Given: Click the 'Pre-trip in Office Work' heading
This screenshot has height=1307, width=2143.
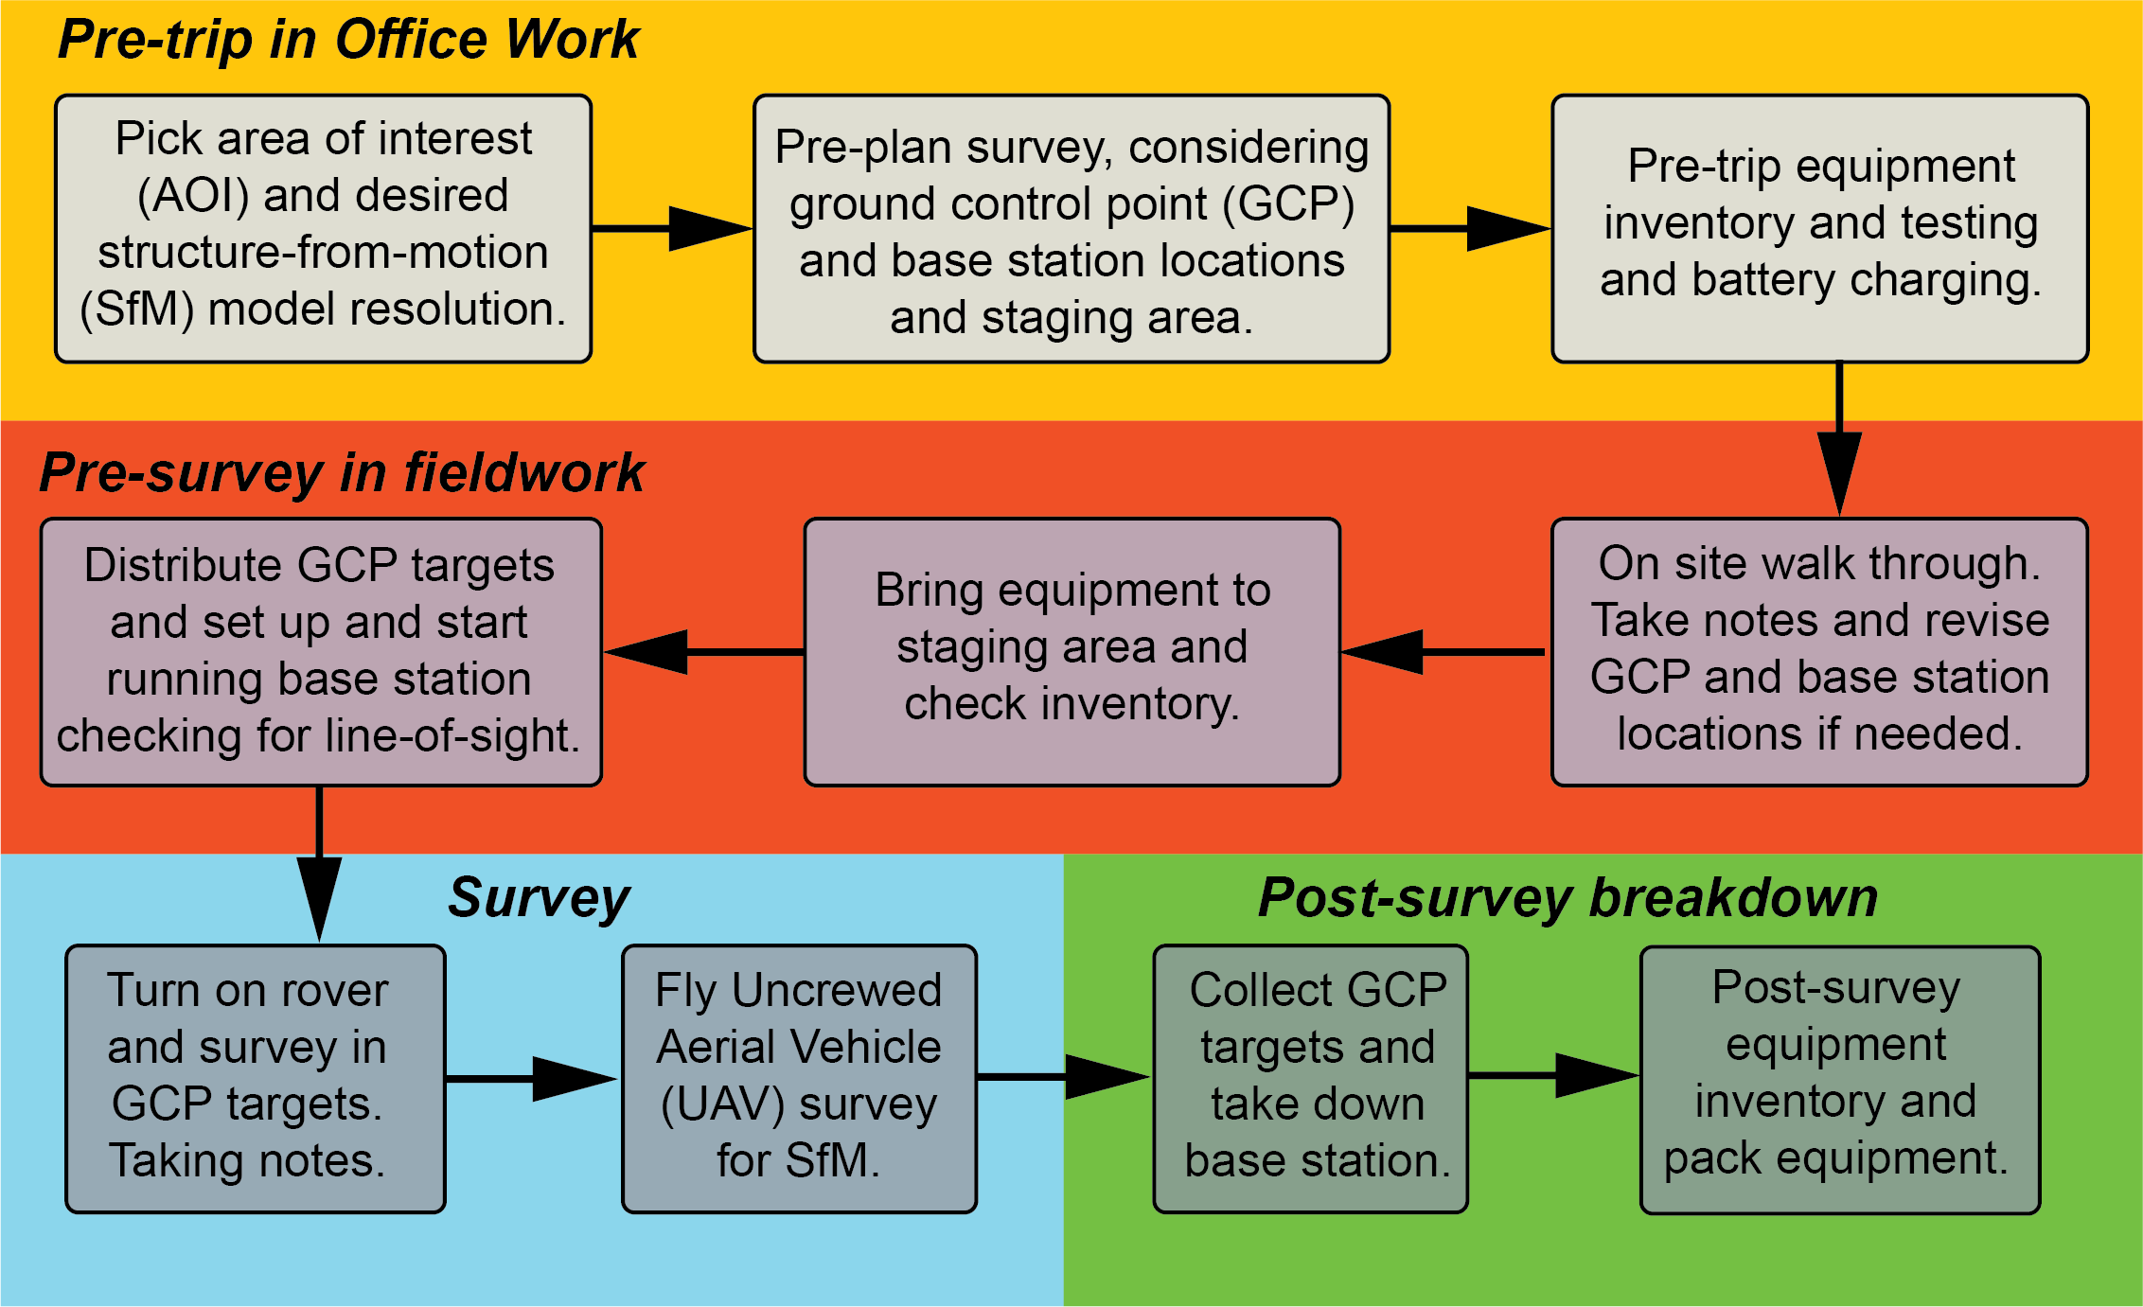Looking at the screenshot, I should tap(348, 40).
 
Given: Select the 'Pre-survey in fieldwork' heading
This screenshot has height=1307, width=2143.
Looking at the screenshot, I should tap(342, 472).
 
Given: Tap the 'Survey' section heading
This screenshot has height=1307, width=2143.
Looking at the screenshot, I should tap(539, 897).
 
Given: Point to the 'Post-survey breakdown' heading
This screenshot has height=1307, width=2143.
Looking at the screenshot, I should tap(1567, 897).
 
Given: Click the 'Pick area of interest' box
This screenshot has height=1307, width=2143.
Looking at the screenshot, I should tap(324, 228).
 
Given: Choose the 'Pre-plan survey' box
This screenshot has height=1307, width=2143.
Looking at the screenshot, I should tap(1071, 228).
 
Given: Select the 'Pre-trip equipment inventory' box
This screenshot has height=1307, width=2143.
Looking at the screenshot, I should tap(1820, 228).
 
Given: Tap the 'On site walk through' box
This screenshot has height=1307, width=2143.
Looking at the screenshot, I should tap(1819, 651).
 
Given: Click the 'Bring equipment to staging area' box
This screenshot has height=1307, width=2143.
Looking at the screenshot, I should tap(1071, 651).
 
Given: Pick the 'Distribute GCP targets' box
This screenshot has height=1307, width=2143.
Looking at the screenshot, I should tap(321, 651).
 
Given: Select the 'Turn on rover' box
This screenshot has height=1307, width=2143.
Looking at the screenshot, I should tap(256, 1078).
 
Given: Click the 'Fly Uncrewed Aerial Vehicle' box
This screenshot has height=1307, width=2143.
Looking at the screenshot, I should tap(799, 1078).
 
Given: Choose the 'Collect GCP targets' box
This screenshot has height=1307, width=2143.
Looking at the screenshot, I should tap(1310, 1078).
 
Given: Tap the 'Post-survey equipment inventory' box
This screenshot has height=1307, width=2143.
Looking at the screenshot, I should tap(1839, 1079).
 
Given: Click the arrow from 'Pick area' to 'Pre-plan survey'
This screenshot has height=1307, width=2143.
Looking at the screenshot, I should tap(672, 228).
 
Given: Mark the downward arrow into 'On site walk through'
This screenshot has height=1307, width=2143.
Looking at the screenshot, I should tap(1839, 440).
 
